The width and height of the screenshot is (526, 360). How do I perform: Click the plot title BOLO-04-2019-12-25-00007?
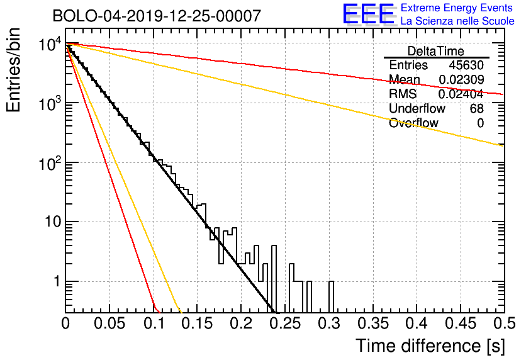tap(157, 16)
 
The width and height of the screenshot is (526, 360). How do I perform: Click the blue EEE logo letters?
tap(369, 14)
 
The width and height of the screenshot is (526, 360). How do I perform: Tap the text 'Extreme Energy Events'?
tap(457, 8)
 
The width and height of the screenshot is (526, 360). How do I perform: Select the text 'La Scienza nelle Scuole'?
tap(457, 21)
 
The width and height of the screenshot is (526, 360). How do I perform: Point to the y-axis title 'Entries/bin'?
tap(13, 70)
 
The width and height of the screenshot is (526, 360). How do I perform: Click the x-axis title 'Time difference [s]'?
tap(430, 346)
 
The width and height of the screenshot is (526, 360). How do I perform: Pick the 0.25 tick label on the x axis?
tap(285, 323)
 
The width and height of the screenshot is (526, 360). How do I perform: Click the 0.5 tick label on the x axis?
tap(505, 323)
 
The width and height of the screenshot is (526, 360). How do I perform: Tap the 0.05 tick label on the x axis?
tap(109, 323)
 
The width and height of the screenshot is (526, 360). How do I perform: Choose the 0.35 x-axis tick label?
tap(373, 323)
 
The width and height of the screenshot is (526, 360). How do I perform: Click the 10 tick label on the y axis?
tap(53, 222)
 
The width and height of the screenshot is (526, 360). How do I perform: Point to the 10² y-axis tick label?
tap(50, 163)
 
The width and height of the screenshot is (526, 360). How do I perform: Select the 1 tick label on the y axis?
tap(57, 281)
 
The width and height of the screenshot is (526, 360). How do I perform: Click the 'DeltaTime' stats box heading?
tap(436, 51)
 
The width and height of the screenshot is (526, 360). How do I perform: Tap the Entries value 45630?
tap(466, 65)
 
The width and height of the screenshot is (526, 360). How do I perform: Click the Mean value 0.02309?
tap(461, 79)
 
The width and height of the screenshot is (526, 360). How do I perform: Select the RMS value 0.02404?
tap(461, 94)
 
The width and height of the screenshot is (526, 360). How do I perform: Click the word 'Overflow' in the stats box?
tap(413, 123)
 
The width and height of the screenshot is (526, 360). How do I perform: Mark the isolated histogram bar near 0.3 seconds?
tap(331, 296)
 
